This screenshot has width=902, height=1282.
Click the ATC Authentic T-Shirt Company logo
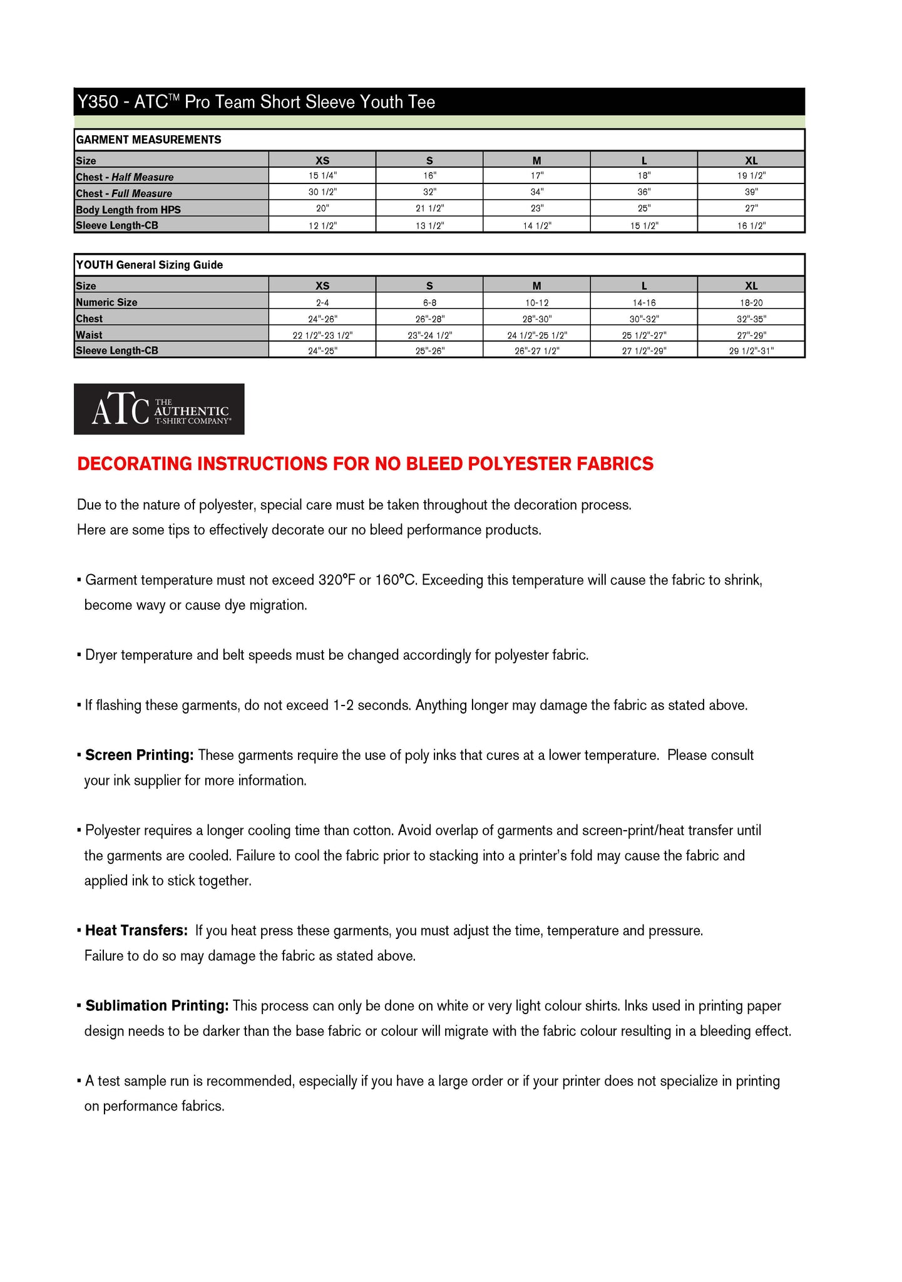click(159, 409)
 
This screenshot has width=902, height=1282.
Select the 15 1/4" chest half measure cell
click(322, 176)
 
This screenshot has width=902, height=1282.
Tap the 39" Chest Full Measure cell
click(751, 192)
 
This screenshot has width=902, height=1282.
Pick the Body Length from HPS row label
click(128, 209)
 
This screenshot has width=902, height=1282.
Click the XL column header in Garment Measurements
click(751, 160)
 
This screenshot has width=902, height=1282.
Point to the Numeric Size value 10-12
click(536, 302)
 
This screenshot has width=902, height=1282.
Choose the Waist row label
click(89, 335)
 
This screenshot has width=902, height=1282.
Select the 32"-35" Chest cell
click(751, 319)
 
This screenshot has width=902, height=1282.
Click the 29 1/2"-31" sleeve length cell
click(751, 351)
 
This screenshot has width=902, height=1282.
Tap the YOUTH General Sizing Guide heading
click(150, 265)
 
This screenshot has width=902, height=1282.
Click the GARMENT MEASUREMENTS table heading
click(148, 140)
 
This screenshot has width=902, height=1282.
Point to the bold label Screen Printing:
click(140, 755)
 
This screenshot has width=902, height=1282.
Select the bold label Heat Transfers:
click(136, 930)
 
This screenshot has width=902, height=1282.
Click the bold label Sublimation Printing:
click(157, 1005)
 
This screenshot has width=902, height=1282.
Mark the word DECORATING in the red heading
click(134, 464)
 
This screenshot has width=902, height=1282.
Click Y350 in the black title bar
click(97, 102)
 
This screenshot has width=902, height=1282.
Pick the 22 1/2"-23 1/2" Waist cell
click(322, 335)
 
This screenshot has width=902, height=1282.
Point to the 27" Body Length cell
click(751, 208)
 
